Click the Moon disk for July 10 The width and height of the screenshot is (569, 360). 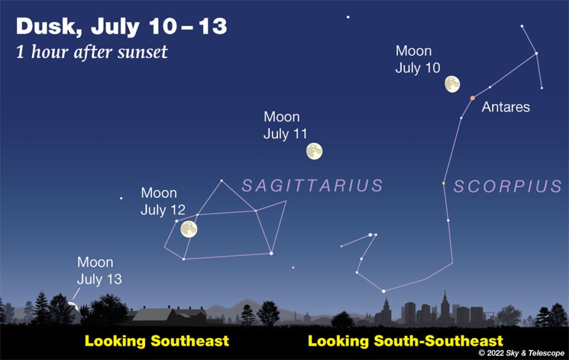point(452,84)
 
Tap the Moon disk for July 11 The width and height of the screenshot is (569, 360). point(315,151)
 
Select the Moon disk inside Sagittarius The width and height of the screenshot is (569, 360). point(189,229)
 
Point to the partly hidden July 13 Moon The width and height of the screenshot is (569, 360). point(74,306)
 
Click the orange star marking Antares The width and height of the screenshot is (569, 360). point(472,98)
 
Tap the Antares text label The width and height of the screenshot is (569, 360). point(506,107)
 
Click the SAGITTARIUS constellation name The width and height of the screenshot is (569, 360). point(312,186)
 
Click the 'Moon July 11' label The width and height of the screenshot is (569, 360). point(285,125)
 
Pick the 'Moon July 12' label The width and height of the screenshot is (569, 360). point(163,202)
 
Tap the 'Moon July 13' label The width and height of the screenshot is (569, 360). point(99,271)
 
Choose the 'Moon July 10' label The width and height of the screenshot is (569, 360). point(418,59)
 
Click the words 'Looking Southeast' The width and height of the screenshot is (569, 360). point(157,341)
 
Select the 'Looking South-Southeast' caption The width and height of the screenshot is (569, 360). point(405,341)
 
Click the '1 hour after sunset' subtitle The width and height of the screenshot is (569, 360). point(92,52)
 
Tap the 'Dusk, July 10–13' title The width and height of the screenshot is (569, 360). point(122,27)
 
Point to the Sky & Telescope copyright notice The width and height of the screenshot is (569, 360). point(521,353)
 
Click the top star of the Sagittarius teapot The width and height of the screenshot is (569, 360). point(221,181)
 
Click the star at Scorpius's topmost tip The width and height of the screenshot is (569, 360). point(522,26)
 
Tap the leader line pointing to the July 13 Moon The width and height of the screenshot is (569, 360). point(76,293)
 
